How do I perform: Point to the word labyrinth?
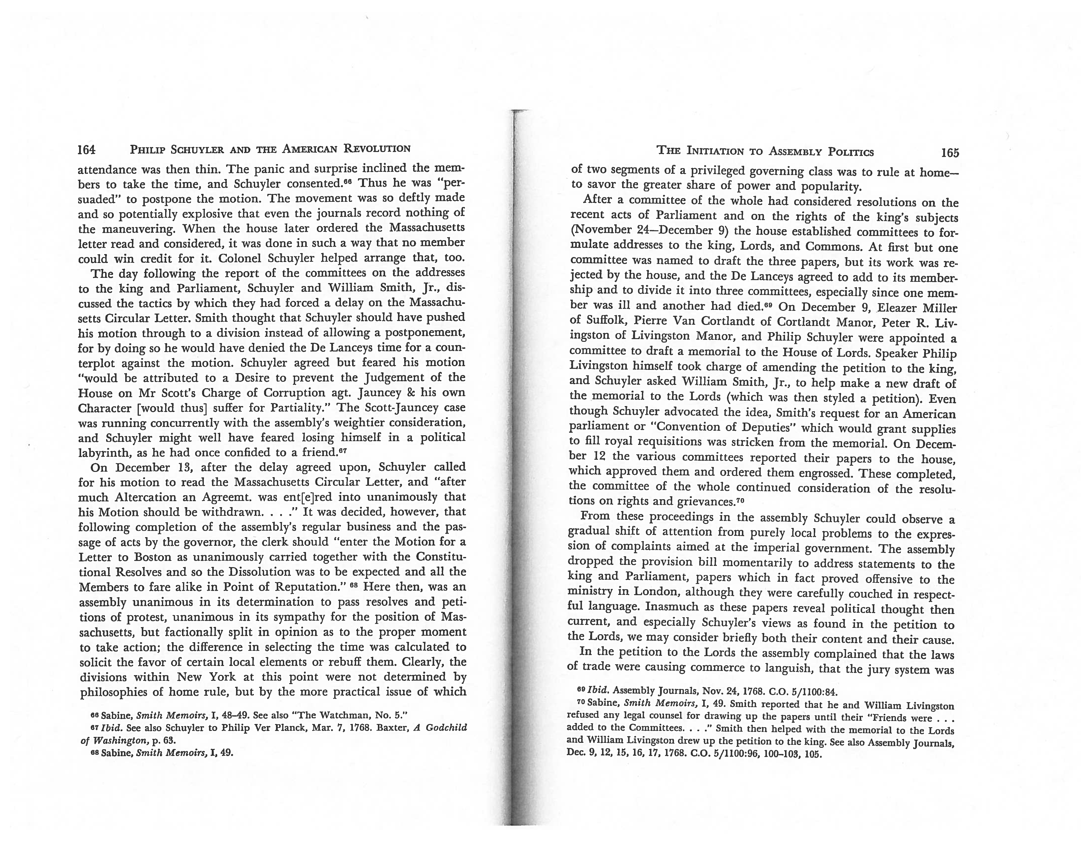(106, 453)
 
